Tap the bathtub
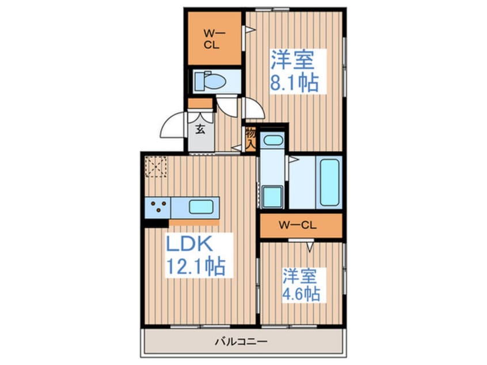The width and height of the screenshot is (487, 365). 329,182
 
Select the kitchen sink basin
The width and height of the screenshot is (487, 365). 201,207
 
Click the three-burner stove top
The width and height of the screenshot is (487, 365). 158,207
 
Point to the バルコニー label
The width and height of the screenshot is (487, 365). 241,342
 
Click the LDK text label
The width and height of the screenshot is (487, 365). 189,244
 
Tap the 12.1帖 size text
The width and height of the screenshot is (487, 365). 196,266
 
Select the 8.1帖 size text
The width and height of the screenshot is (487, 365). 294,82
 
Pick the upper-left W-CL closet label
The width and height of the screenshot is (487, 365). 211,39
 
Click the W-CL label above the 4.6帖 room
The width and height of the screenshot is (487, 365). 298,225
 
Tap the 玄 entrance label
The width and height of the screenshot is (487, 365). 200,129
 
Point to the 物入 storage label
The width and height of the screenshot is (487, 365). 250,138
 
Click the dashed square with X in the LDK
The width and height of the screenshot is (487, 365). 156,166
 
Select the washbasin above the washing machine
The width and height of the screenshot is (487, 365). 272,140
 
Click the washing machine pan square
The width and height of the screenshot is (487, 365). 272,197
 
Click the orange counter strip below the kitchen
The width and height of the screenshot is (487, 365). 194,223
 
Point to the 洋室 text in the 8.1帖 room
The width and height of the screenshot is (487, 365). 292,60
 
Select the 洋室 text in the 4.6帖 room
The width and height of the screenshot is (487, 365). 299,276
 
